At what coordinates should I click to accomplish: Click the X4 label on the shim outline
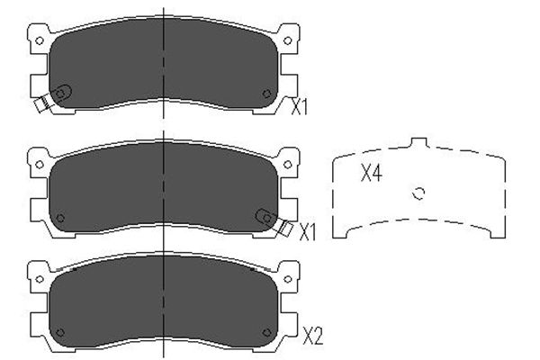tap(371, 173)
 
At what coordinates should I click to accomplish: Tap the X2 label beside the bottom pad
tap(312, 337)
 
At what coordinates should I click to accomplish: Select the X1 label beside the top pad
tap(300, 107)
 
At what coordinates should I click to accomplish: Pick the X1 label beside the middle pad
tap(307, 232)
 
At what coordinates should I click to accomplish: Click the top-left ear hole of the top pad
tap(40, 40)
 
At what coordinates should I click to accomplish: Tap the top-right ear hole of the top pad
tap(288, 40)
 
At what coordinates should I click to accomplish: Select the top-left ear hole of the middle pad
tap(40, 165)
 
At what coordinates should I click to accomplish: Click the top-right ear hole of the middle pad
tap(288, 165)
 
